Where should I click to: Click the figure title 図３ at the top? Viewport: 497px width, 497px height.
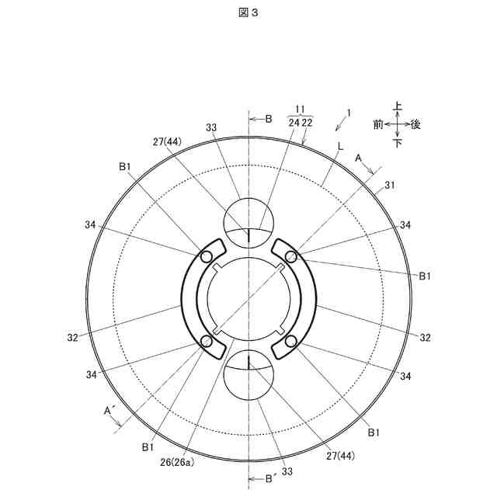tap(248, 12)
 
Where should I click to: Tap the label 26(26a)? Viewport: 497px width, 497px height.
tap(177, 463)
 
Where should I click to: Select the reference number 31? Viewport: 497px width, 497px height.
tap(390, 185)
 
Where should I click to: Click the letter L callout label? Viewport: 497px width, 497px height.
tap(340, 147)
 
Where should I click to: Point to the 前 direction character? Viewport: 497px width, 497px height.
tap(378, 124)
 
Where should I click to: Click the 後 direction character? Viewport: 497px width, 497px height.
tap(415, 124)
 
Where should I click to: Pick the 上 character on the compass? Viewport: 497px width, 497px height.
tap(397, 106)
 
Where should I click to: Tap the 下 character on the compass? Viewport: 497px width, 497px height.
tap(397, 143)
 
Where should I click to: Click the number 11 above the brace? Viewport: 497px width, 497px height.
tap(300, 109)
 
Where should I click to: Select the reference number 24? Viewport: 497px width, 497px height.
tap(294, 123)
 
